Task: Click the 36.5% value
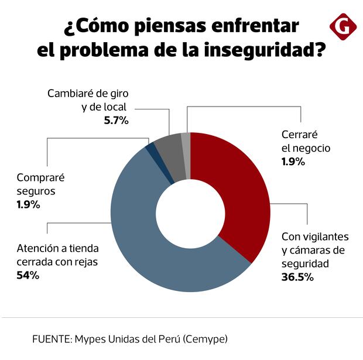(x=297, y=277)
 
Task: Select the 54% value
(x=28, y=275)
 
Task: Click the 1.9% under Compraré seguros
(x=28, y=204)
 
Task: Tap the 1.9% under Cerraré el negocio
(x=293, y=162)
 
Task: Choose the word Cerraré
(x=299, y=134)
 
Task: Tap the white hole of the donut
(x=190, y=212)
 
